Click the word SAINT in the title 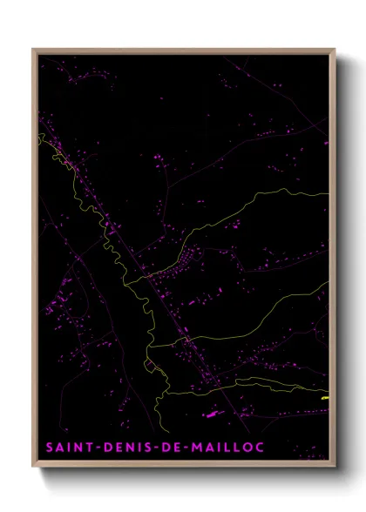68,447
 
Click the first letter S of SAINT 50,447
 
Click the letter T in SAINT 88,447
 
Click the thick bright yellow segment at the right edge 326,397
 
